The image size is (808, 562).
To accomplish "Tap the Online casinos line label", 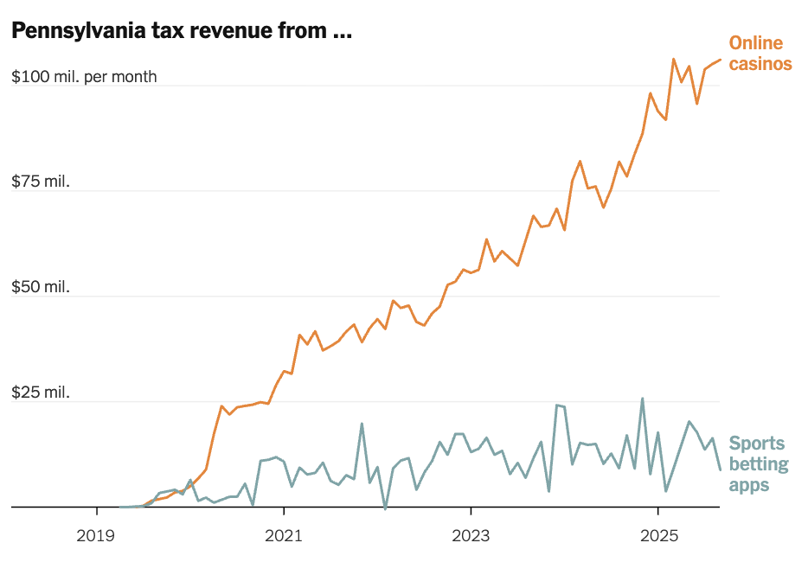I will click(760, 53).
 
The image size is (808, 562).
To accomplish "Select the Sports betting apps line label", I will click(757, 464).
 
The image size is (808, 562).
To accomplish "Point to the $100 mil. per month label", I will click(84, 76).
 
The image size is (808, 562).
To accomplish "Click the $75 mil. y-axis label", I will click(41, 182).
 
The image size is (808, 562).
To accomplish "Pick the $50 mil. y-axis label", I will click(41, 287).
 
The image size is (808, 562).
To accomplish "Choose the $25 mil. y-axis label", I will click(41, 393).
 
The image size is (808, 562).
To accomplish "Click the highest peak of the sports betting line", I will click(642, 399).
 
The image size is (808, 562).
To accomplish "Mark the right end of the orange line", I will click(720, 60).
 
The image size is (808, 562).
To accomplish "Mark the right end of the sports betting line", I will click(720, 469).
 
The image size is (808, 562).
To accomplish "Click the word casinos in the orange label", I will click(760, 63).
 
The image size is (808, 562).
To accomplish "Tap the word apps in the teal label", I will click(749, 485).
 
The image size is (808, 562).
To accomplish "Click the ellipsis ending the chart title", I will click(342, 35).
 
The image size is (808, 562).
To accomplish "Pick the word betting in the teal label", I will click(759, 464).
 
